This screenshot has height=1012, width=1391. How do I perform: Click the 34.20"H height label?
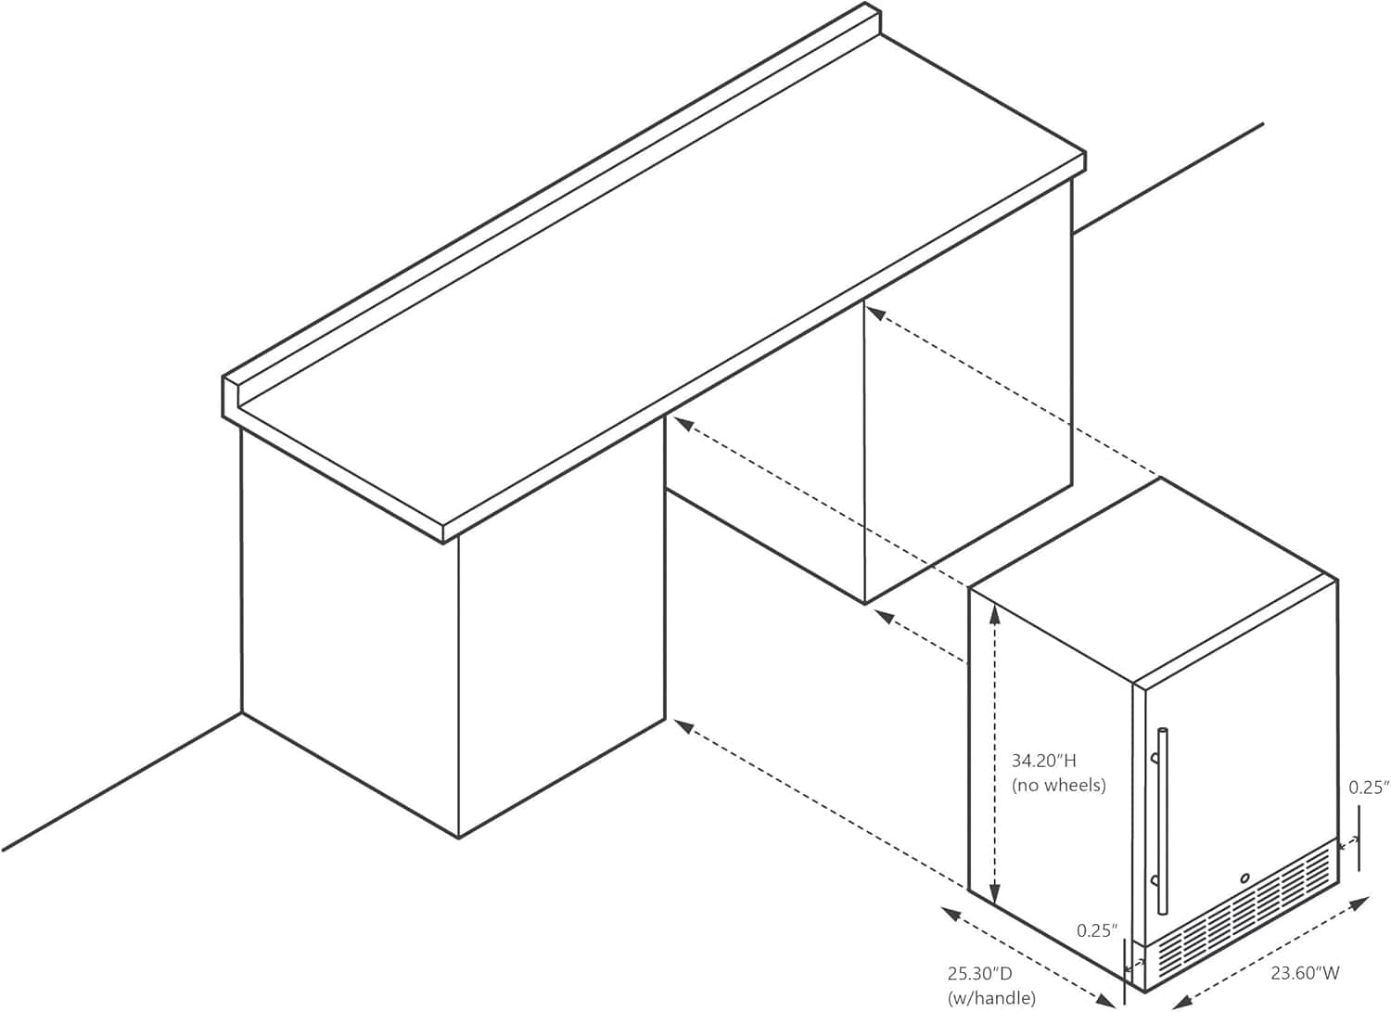[1044, 761]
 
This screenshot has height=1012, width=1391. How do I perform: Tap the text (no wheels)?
[1059, 786]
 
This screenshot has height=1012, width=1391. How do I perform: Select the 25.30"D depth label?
[980, 973]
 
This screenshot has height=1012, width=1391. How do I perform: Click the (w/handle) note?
[991, 998]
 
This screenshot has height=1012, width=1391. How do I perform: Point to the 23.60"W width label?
[1305, 973]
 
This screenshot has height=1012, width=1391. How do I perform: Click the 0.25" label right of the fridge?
[1369, 788]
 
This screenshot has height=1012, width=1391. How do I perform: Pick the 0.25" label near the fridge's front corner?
[1097, 930]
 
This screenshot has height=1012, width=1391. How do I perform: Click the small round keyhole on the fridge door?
[1244, 877]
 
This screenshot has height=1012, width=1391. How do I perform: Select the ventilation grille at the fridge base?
[1239, 919]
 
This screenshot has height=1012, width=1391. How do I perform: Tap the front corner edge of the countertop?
[442, 533]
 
